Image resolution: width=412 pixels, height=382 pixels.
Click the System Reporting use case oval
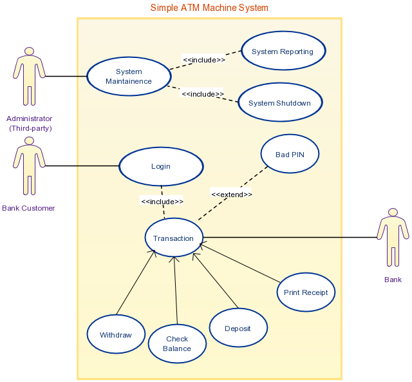click(283, 52)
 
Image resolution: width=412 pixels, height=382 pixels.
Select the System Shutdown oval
click(279, 103)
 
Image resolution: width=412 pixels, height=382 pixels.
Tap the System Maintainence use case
click(129, 77)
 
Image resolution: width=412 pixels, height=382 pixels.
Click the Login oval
click(161, 166)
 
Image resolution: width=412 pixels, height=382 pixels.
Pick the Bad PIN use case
click(290, 154)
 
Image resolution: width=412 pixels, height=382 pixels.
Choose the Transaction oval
click(174, 238)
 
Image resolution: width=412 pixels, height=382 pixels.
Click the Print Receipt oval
click(306, 292)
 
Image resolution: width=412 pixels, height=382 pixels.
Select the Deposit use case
click(238, 329)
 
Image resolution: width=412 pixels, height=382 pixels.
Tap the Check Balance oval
click(177, 343)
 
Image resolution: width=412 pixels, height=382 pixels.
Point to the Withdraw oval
click(116, 335)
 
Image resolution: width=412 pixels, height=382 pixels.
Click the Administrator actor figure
click(29, 76)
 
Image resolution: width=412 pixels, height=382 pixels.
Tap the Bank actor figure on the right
click(393, 237)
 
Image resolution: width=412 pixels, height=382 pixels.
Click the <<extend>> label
click(232, 194)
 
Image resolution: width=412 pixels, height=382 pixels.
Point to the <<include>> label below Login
click(162, 201)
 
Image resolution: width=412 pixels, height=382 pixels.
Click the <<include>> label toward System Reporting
click(204, 60)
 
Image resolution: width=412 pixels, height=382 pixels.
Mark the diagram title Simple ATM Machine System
click(209, 8)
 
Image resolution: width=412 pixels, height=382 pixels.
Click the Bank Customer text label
click(28, 208)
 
